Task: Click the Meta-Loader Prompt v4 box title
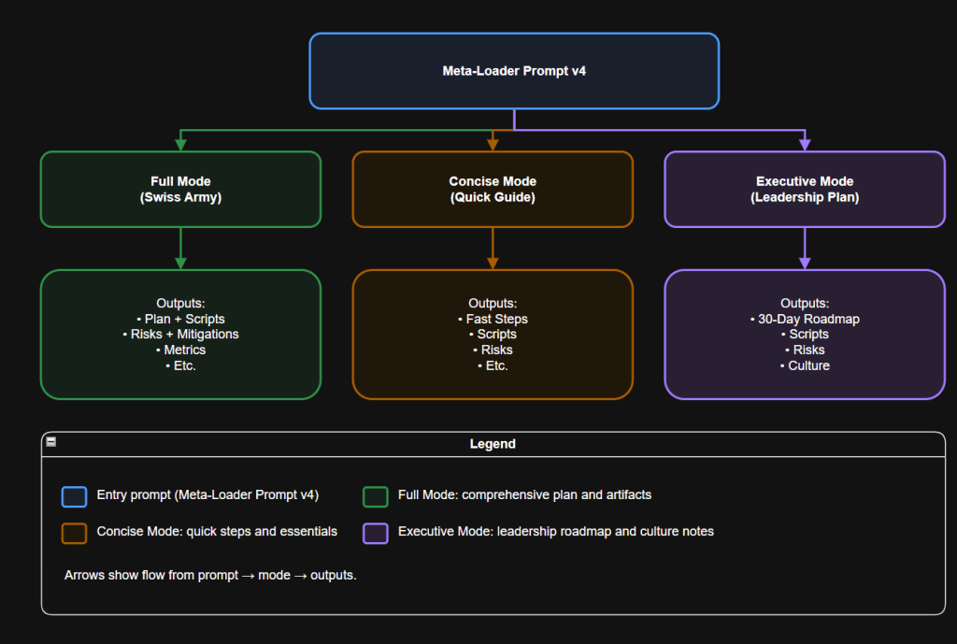(x=513, y=71)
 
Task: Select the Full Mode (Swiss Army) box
(x=180, y=190)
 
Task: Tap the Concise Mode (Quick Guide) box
(x=493, y=190)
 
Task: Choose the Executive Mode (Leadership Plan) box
(x=805, y=190)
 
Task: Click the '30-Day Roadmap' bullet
(x=805, y=319)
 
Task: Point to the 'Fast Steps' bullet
(x=493, y=319)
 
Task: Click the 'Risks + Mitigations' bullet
(x=180, y=334)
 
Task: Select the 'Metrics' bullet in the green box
(x=180, y=350)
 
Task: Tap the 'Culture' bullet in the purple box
(x=805, y=365)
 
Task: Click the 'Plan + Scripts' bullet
(x=180, y=319)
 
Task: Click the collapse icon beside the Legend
(x=51, y=442)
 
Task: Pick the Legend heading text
(x=493, y=444)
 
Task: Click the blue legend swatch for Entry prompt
(x=74, y=495)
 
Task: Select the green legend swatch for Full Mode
(x=376, y=495)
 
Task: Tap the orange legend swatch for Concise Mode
(x=74, y=532)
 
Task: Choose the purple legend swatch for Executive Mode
(x=376, y=532)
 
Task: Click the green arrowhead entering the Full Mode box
(x=180, y=144)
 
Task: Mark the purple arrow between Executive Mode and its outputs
(x=805, y=249)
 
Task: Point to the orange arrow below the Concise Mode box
(x=493, y=249)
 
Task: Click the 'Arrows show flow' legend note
(x=210, y=575)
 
